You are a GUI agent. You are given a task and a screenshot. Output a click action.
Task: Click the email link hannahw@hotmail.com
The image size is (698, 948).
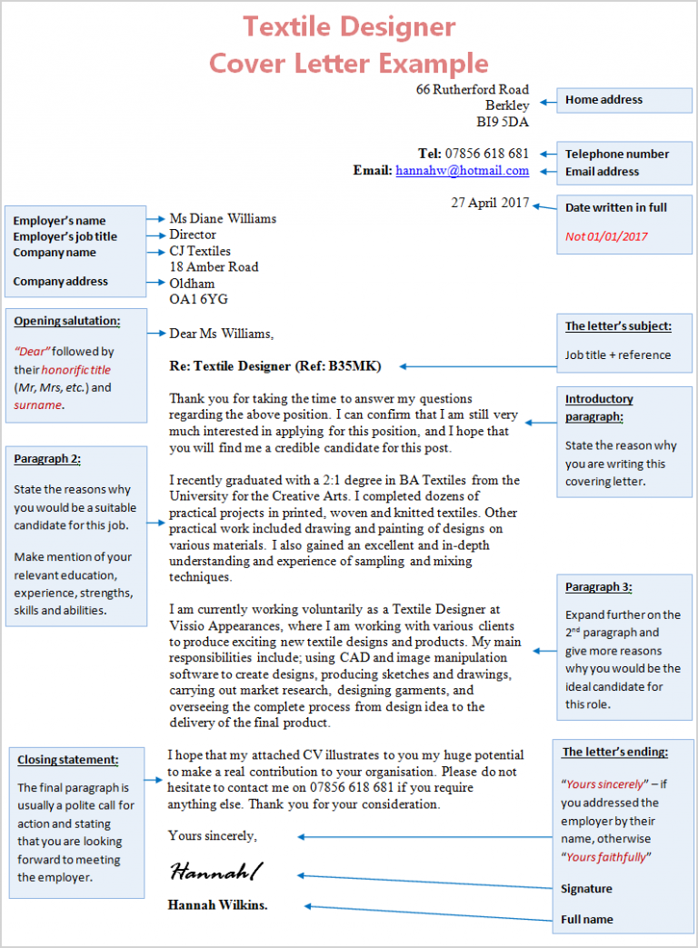462,170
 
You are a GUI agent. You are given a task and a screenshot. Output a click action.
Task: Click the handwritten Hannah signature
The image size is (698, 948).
216,873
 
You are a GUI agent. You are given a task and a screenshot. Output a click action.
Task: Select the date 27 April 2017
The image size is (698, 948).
490,203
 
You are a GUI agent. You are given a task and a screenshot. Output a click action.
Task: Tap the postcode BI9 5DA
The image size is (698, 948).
503,122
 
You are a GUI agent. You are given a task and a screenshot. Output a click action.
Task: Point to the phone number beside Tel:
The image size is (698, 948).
486,153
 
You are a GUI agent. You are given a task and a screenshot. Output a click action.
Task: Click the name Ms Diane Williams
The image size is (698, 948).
223,218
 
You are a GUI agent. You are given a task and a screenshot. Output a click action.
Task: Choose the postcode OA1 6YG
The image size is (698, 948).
199,299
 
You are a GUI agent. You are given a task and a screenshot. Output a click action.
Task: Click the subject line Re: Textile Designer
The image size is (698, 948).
275,366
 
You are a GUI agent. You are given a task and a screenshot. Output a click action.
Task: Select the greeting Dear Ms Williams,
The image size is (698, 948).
221,334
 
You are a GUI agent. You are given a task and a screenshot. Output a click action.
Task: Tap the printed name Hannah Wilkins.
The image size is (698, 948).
218,904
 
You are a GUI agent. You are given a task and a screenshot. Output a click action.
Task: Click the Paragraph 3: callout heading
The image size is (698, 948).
598,587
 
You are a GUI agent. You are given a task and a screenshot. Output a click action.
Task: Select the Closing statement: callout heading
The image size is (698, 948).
67,760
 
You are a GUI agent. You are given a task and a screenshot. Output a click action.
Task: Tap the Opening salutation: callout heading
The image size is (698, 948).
66,321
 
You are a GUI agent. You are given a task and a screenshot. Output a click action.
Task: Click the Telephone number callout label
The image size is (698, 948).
616,154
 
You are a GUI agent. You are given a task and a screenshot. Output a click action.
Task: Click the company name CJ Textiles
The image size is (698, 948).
200,251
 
